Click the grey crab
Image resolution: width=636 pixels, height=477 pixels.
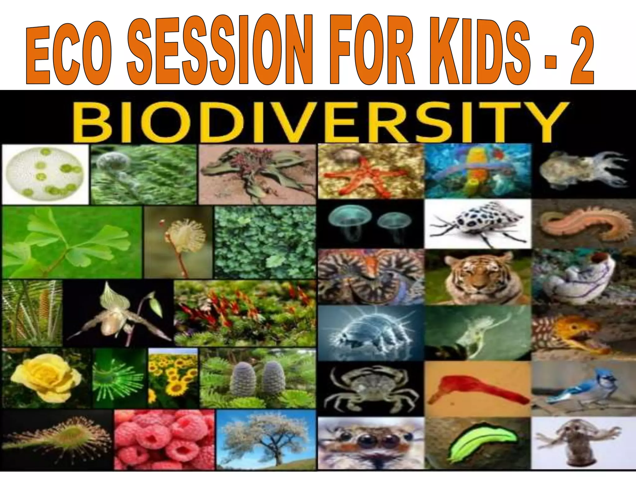coord(370,388)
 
